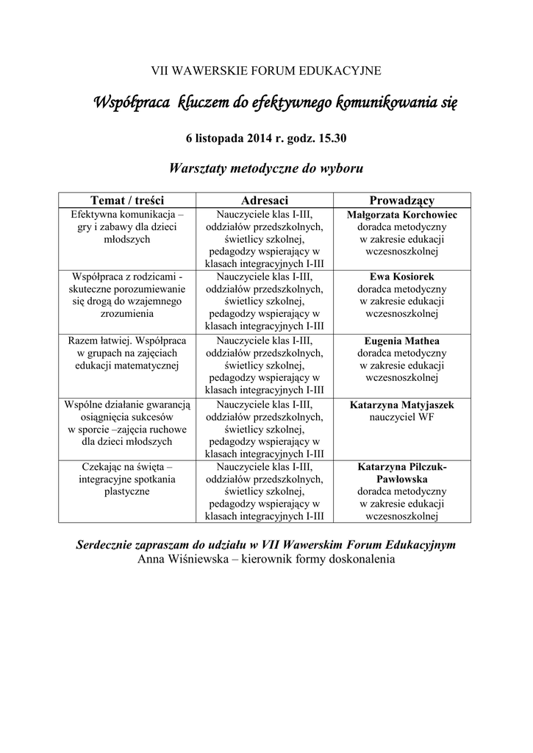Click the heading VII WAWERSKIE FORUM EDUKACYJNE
click(x=266, y=71)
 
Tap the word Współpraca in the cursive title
click(x=132, y=102)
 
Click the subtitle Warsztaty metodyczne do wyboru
click(x=266, y=168)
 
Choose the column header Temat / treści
click(x=126, y=200)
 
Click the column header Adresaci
click(x=265, y=200)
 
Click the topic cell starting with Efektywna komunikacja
click(x=126, y=226)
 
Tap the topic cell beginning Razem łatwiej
click(x=126, y=353)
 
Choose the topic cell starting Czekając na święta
click(x=126, y=479)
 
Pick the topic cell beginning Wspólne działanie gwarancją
click(x=126, y=423)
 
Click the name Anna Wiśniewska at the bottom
click(x=181, y=559)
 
